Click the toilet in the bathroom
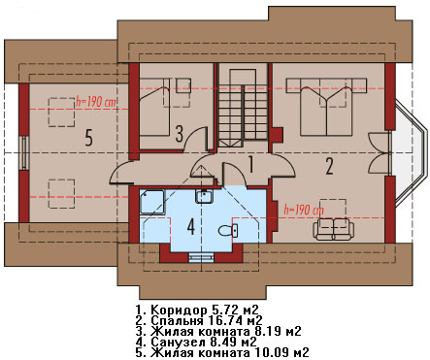click(229, 230)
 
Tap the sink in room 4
click(204, 196)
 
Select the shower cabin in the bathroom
click(152, 202)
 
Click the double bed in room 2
click(326, 107)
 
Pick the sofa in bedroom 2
click(334, 229)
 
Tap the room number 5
click(89, 137)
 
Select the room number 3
click(180, 134)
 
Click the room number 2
click(329, 166)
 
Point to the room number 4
click(191, 227)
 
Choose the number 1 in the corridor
click(250, 164)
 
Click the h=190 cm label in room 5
click(96, 102)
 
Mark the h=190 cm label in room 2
click(304, 211)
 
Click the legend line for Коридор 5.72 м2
click(198, 310)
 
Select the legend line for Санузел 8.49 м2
click(196, 342)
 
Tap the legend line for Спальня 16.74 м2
click(199, 320)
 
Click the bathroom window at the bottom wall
click(201, 257)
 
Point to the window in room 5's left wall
click(24, 152)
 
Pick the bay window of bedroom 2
click(410, 153)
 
